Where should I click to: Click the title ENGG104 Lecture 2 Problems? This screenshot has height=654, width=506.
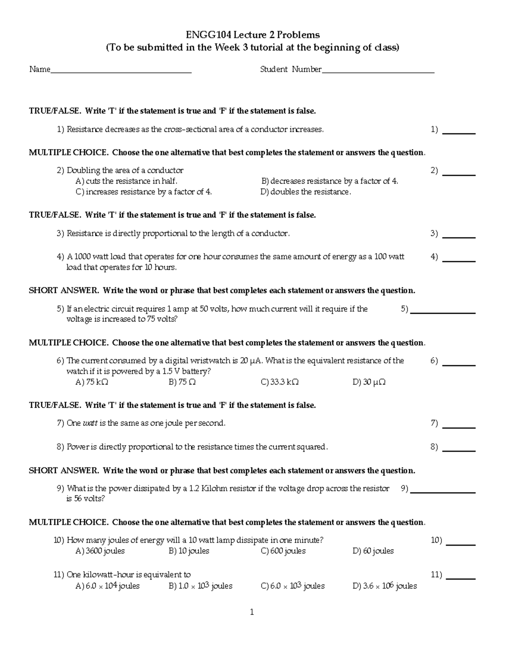pos(253,35)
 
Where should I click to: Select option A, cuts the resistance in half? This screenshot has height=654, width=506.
pos(126,181)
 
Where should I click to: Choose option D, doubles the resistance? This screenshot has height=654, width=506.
pos(306,192)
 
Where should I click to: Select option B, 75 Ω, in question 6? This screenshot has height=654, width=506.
pos(182,382)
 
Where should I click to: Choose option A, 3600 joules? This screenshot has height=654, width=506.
pos(100,551)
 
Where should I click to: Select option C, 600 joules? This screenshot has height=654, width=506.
pos(283,551)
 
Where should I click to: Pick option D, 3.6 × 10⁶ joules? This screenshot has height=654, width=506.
pos(385,586)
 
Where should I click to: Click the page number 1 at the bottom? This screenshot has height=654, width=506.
pos(252,612)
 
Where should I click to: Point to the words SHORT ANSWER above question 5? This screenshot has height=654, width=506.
pos(64,291)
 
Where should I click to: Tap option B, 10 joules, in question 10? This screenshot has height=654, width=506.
pos(188,551)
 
